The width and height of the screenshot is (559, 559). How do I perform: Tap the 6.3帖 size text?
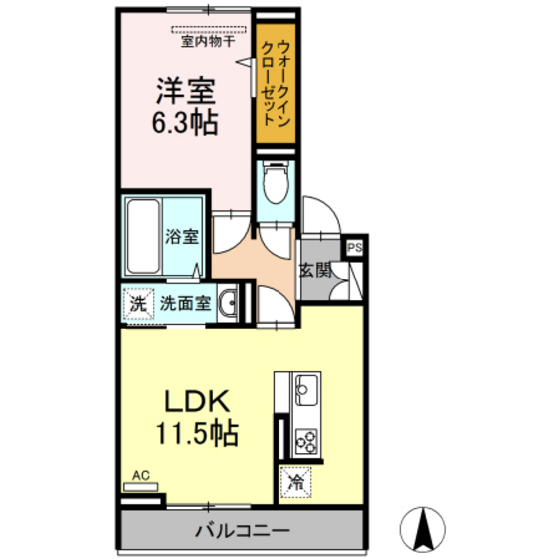pyautogui.click(x=185, y=126)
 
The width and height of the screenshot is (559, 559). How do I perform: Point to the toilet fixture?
pyautogui.click(x=274, y=183)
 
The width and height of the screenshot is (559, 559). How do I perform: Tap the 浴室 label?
pyautogui.click(x=182, y=237)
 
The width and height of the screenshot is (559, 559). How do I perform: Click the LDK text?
pyautogui.click(x=198, y=402)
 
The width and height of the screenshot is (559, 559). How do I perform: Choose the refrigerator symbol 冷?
pyautogui.click(x=296, y=481)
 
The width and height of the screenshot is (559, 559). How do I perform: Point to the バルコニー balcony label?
pyautogui.click(x=243, y=530)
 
